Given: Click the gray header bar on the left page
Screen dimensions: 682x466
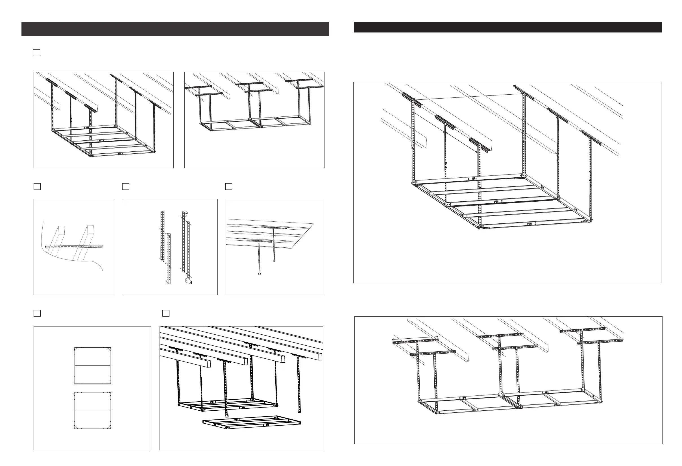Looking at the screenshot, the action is pos(175,29).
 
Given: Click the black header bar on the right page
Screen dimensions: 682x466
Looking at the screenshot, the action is pos(508,27).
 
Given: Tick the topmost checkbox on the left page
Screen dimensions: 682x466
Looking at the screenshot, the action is pos(36,53).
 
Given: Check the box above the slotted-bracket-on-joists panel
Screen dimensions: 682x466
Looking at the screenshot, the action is pos(37,187).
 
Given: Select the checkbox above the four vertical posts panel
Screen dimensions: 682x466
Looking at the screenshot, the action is pos(126,187).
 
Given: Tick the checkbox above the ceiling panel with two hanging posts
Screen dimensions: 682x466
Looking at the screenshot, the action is pos(229,187).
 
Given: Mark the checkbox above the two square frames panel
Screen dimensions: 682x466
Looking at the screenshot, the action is pos(37,313).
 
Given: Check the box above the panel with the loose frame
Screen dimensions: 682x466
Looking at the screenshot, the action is pos(166,313).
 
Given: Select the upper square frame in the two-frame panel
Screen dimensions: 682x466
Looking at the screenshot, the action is pos(93,366).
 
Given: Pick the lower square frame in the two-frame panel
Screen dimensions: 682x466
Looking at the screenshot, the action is pos(93,410).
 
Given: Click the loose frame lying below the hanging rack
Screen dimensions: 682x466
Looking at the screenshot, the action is pos(252,423).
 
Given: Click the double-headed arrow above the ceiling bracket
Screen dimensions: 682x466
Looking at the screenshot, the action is pos(415,338).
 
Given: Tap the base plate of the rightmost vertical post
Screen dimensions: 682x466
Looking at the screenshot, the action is pos(188,281).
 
